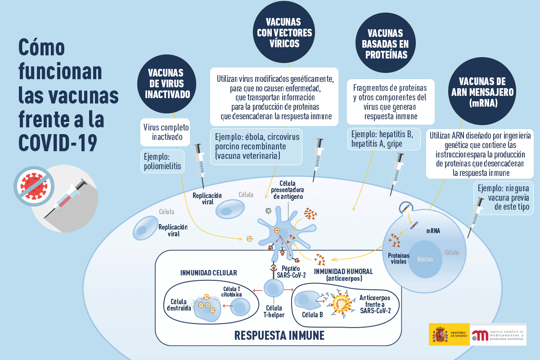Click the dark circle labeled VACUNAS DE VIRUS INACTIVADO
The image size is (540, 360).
tap(166, 84)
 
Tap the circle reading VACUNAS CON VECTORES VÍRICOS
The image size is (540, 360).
tap(284, 32)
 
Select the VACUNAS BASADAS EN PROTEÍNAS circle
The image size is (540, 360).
tap(386, 43)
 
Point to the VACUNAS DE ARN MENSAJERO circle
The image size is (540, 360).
tap(482, 91)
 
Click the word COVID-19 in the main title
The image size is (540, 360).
tap(58, 143)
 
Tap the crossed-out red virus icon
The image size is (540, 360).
tap(34, 186)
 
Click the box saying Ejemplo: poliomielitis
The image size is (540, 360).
tap(162, 161)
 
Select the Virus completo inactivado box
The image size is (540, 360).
tap(166, 132)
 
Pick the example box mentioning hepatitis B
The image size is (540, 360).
tap(384, 139)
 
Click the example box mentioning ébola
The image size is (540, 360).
tap(256, 147)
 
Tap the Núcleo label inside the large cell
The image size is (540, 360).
tap(425, 259)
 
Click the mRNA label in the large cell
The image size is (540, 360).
tap(433, 231)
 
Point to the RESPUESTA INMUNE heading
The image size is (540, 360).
tap(279, 335)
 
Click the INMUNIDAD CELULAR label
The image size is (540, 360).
tap(209, 273)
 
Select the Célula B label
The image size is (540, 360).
tap(312, 315)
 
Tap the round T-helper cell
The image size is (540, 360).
tap(274, 288)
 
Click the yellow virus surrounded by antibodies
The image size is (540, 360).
tap(342, 304)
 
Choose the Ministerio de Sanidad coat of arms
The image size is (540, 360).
tap(440, 334)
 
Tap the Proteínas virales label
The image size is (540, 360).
tap(399, 258)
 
